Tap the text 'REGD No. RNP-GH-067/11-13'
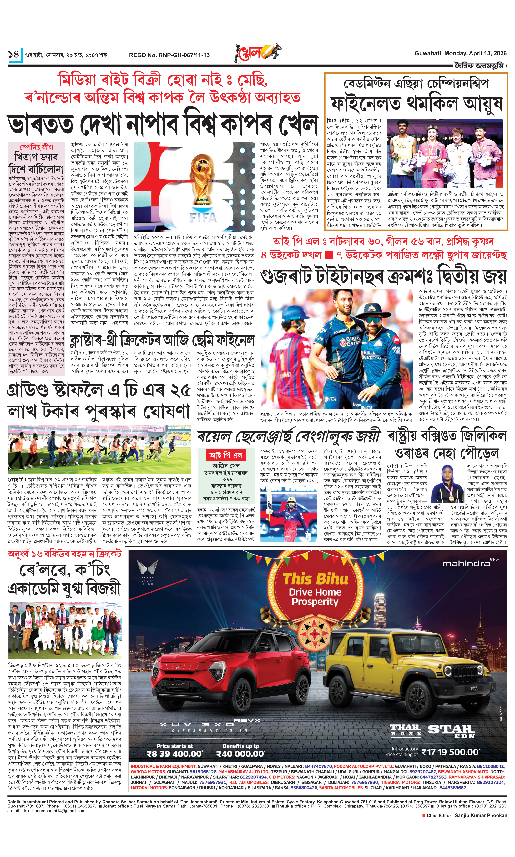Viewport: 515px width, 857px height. click(x=169, y=55)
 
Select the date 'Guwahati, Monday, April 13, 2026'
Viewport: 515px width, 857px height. click(x=460, y=53)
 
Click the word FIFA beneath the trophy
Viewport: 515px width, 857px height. click(x=203, y=218)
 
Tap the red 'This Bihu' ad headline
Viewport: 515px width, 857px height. click(x=315, y=578)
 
